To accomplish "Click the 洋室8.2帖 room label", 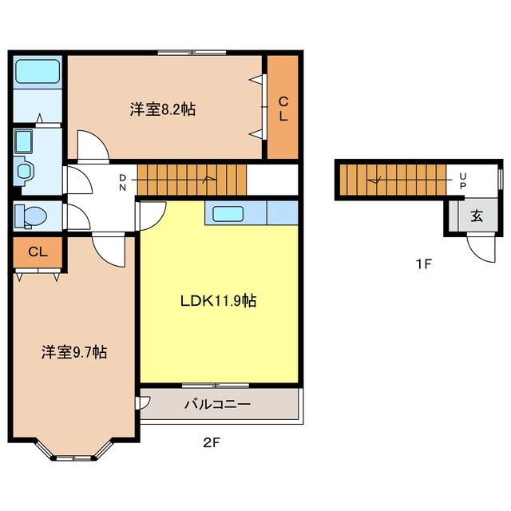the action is click(163, 109).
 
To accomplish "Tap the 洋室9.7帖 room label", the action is click(74, 352).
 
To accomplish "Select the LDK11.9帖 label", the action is click(218, 301).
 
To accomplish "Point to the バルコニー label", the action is click(218, 405).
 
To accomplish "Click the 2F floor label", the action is click(212, 442).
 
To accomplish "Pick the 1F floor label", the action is click(423, 263).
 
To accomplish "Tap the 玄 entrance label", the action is click(477, 216).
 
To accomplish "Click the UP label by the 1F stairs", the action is click(463, 181).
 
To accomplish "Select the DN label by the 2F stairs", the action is click(122, 183).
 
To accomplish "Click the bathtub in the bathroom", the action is click(38, 71).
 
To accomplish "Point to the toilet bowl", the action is click(31, 216).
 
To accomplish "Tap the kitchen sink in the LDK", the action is click(228, 214).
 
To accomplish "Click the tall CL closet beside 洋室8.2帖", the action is click(283, 107).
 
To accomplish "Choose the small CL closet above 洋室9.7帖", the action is click(38, 252).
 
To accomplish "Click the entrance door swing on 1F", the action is click(481, 248).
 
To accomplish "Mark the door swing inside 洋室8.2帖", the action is click(93, 146).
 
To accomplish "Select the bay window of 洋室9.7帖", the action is click(73, 451).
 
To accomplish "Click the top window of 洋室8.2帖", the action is click(192, 53).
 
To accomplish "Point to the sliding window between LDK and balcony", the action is click(216, 386).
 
